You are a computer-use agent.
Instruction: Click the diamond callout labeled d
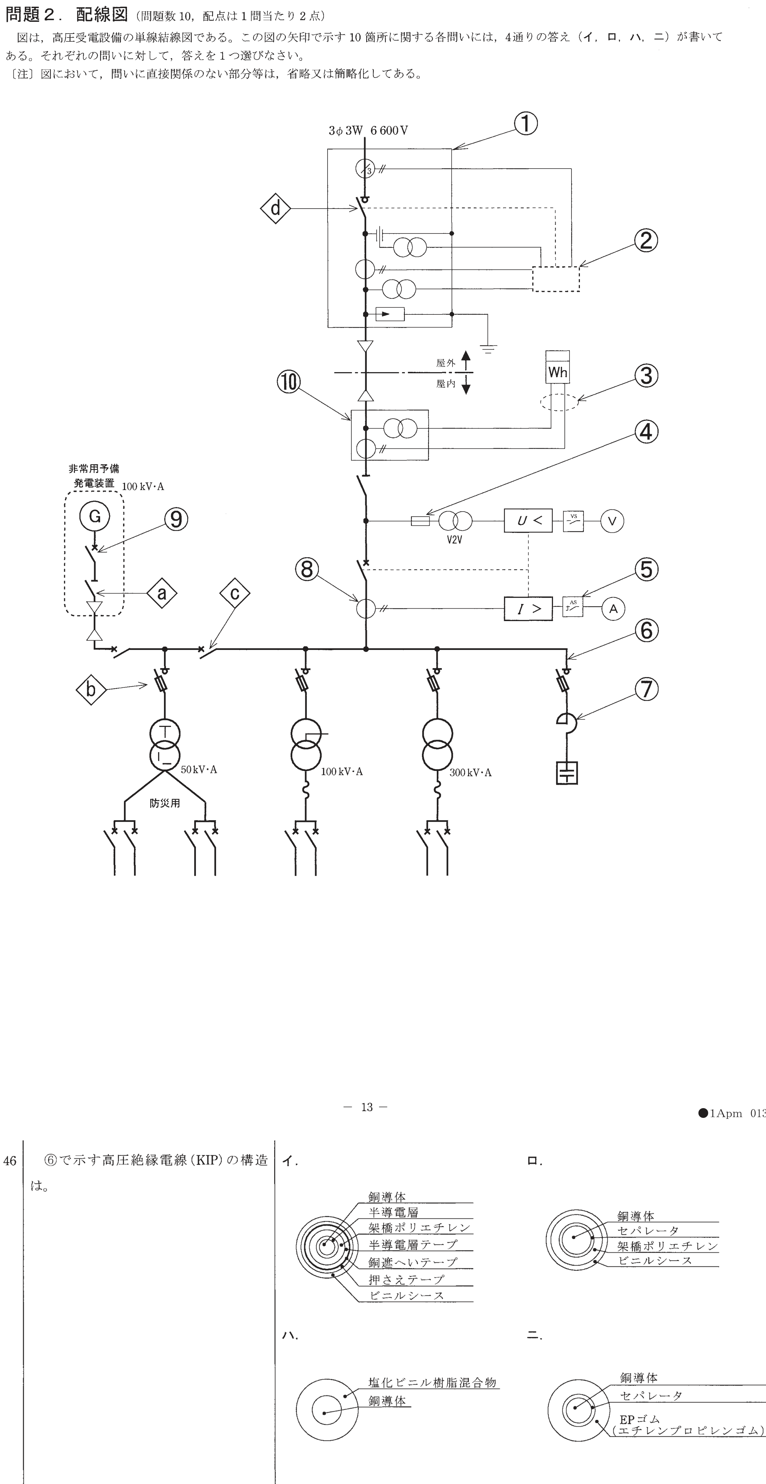point(275,208)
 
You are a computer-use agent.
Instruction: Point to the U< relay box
point(528,521)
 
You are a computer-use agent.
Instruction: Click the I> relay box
point(528,608)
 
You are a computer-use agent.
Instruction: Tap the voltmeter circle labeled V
point(612,521)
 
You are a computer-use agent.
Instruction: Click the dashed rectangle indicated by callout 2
point(556,279)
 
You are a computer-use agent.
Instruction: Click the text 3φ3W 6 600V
point(368,131)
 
